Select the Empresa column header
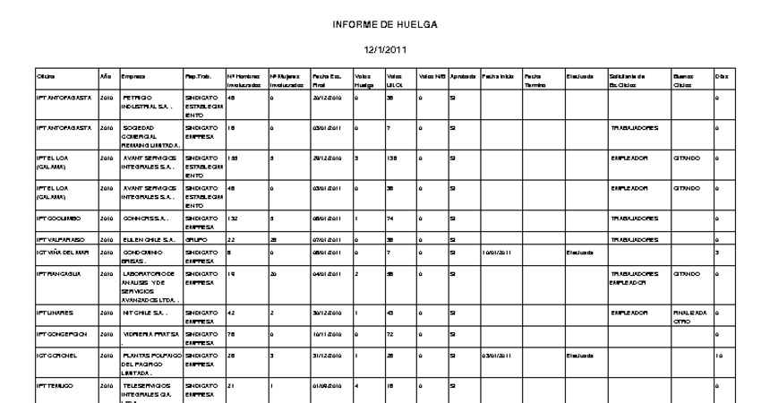pos(133,76)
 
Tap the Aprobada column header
pos(463,76)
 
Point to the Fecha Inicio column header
pos(499,76)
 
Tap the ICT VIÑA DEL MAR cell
pos(62,253)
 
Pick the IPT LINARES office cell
pos(54,313)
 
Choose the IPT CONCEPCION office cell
pos(60,334)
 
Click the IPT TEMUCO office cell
pos(53,385)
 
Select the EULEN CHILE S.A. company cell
pos(145,240)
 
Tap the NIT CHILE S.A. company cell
pos(144,313)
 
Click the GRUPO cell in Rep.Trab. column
pos(195,240)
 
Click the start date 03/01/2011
pos(496,355)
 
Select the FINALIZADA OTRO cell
pos(690,317)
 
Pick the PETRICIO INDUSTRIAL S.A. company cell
pos(143,101)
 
